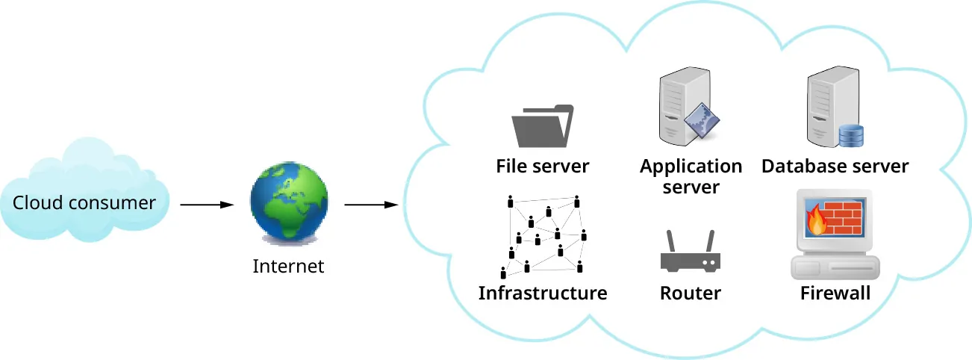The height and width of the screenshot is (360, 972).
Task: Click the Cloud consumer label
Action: click(x=84, y=203)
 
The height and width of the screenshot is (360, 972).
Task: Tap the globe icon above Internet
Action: click(x=288, y=203)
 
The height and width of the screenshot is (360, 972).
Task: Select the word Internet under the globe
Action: click(x=288, y=266)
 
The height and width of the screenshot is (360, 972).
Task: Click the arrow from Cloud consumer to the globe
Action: click(x=207, y=204)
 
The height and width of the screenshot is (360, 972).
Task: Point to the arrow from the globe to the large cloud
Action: click(x=370, y=204)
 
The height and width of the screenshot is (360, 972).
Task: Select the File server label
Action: click(x=543, y=166)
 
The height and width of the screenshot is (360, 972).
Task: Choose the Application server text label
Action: click(x=691, y=176)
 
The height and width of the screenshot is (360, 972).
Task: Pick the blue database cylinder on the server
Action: click(x=850, y=136)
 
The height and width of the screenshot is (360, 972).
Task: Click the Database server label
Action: click(x=835, y=166)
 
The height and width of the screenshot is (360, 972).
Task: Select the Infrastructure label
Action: click(x=543, y=293)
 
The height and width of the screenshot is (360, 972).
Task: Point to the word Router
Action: click(x=690, y=293)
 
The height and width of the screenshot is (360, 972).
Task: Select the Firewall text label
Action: click(x=835, y=293)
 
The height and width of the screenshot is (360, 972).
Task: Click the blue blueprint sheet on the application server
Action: click(x=705, y=120)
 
